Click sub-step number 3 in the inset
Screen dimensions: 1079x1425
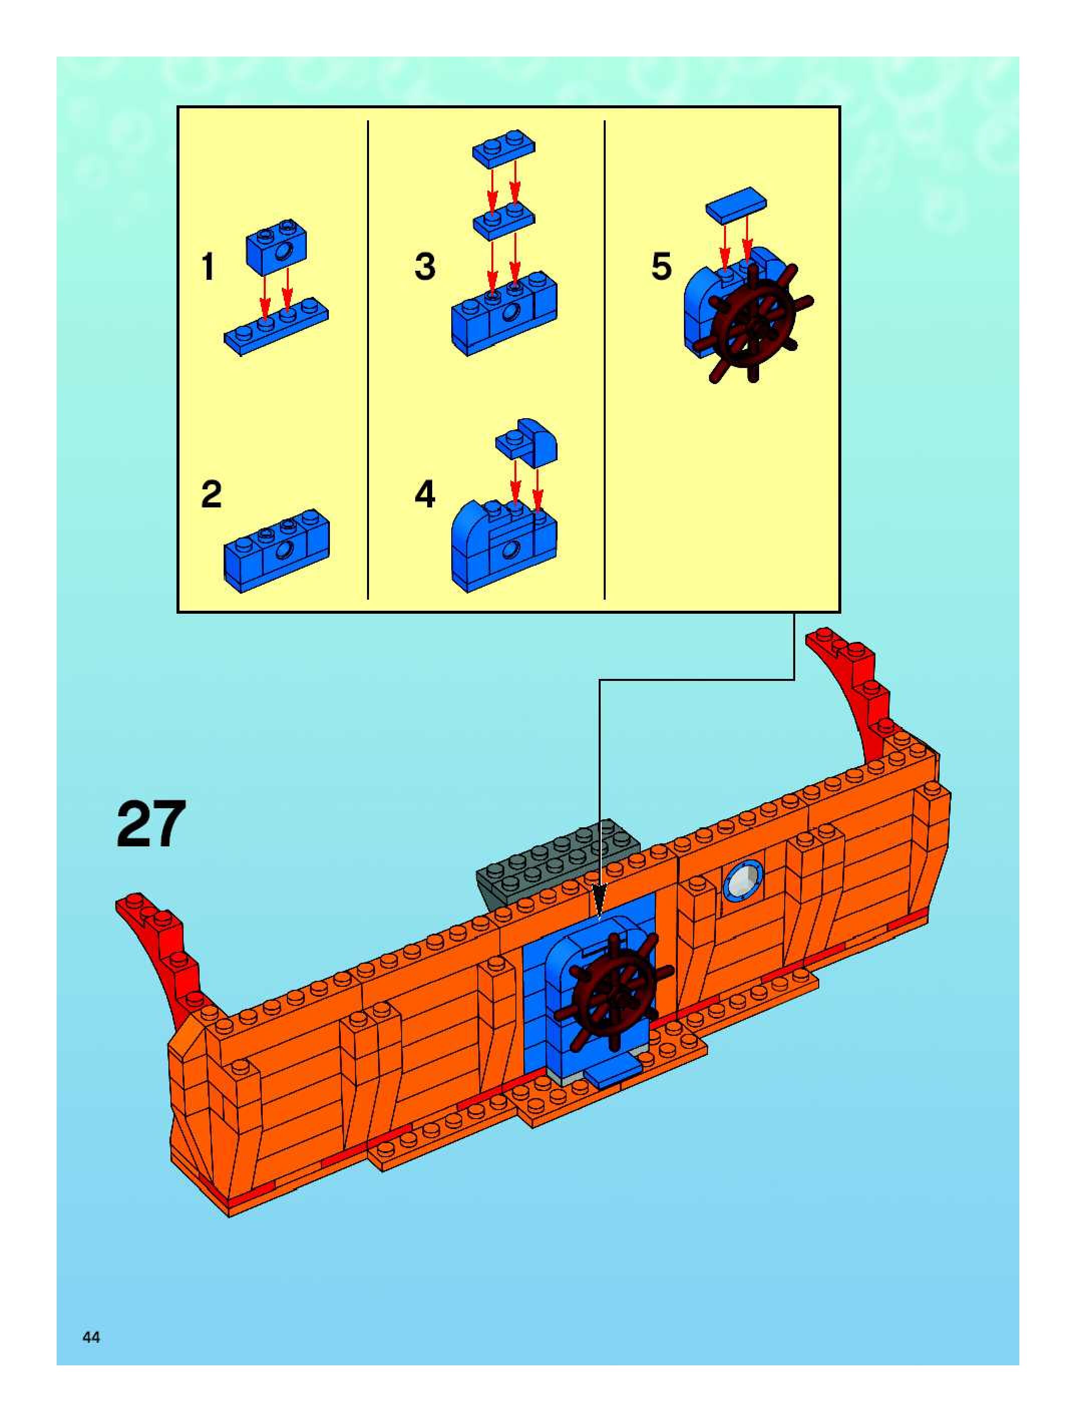pos(425,266)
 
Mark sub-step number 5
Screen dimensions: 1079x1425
pos(661,266)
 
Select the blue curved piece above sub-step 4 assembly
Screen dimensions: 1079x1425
pos(527,441)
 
